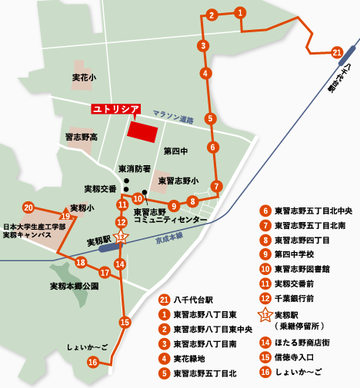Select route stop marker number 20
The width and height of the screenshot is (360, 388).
[x=28, y=207]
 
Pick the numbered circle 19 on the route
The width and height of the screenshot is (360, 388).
[x=65, y=217]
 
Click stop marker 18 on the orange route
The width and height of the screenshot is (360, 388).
[x=80, y=264]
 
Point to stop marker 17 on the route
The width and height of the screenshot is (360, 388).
[x=105, y=273]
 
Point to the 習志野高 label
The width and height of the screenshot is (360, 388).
[x=81, y=137]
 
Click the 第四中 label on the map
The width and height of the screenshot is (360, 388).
[x=175, y=151]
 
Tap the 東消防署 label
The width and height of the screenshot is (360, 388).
[x=133, y=169]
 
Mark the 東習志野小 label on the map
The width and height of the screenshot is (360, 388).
[x=178, y=181]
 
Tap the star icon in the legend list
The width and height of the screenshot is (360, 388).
[x=264, y=314]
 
